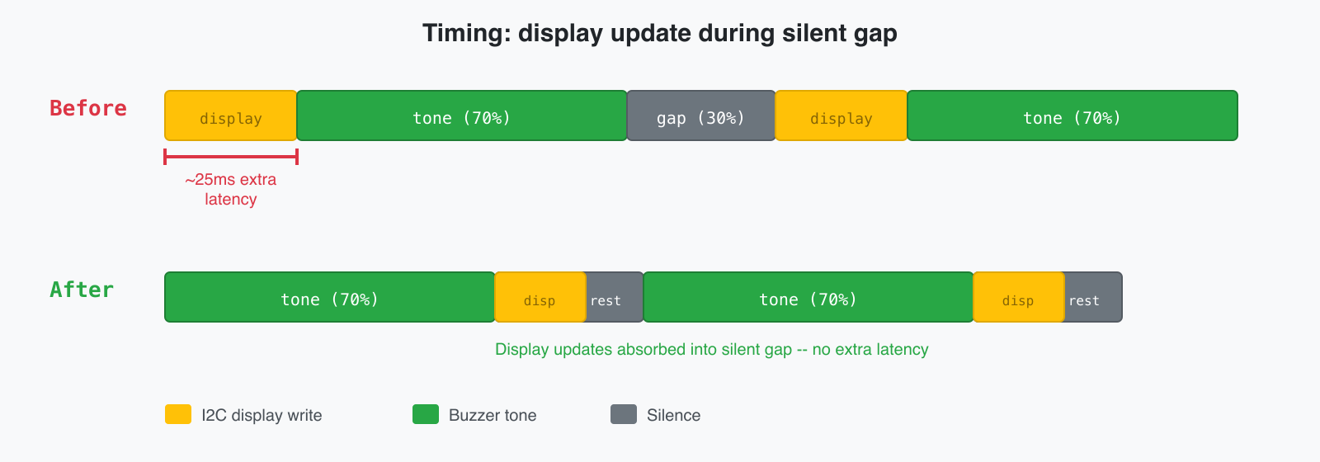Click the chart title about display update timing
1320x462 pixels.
coord(659,33)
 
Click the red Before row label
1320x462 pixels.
coord(88,108)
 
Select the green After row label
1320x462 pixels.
coord(82,290)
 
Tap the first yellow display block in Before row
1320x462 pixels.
coord(231,115)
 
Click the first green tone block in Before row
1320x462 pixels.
coord(462,115)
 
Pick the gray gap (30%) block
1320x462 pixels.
coord(701,115)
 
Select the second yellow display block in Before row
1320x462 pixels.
coord(841,115)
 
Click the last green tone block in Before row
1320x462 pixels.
coord(1072,115)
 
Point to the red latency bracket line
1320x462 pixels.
coord(231,156)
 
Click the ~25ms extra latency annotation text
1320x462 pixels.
coord(231,189)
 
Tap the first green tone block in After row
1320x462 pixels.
coord(330,297)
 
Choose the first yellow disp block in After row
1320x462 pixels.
coord(540,297)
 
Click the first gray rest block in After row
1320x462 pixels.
coord(615,297)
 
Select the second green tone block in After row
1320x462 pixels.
coord(808,297)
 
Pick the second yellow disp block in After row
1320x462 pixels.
coord(1018,297)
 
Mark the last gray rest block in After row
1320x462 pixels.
coord(1093,297)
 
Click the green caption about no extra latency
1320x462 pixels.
coord(711,349)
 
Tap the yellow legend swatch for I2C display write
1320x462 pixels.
coord(178,414)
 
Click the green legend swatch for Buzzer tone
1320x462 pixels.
coord(426,414)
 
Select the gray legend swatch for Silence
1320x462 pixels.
coord(624,414)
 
